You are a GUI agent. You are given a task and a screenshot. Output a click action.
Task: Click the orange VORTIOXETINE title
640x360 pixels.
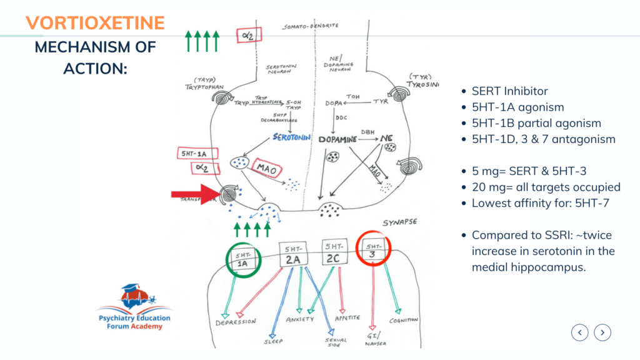(96, 22)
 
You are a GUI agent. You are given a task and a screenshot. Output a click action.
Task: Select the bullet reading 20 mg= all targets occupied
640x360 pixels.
(546, 187)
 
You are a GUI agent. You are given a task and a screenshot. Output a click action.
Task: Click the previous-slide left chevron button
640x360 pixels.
(580, 333)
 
